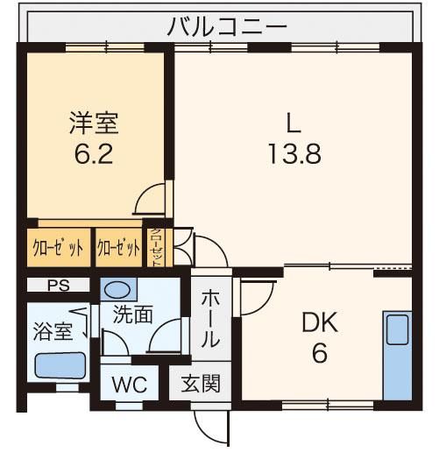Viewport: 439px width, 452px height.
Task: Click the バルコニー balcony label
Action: coord(227,27)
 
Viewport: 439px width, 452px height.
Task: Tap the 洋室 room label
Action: coord(94,124)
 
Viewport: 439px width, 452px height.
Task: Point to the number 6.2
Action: coord(94,154)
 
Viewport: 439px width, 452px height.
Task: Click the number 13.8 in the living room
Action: coord(294,154)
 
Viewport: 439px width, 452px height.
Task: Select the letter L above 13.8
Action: coord(294,123)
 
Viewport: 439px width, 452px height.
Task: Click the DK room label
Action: coord(320,322)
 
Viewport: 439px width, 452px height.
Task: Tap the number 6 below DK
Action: coord(320,353)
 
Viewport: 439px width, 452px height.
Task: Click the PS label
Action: coord(59,286)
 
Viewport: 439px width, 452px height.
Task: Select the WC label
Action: coord(130,385)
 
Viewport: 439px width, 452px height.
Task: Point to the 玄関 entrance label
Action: coord(201,384)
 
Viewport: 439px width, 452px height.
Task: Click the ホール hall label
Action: coord(210,319)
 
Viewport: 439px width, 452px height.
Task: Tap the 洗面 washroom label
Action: coord(133,314)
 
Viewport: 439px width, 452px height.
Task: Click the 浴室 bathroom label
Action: coord(53,331)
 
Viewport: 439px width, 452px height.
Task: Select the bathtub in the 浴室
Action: coord(60,365)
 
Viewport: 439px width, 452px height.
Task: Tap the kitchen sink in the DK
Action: coord(397,330)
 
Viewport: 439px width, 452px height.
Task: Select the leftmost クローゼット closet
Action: coord(59,248)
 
